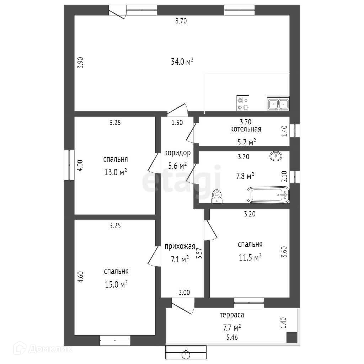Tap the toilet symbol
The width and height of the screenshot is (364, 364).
(217, 196)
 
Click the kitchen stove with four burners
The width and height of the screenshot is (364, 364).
(243, 104)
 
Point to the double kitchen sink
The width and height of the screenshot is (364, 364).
(278, 104)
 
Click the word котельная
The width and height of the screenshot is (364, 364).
(246, 129)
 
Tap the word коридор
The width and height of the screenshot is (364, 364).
(177, 153)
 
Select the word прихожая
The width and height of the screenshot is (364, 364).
(180, 246)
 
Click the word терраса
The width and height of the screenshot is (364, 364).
(232, 315)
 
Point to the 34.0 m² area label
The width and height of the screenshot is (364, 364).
(182, 62)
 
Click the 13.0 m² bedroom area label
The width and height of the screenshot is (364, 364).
(116, 173)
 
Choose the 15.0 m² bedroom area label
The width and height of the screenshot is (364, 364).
(116, 285)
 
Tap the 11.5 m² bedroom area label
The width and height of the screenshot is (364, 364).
(250, 257)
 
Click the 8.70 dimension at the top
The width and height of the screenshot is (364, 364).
(181, 21)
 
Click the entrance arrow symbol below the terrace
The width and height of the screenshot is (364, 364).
(186, 354)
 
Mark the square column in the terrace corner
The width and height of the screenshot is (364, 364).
(291, 337)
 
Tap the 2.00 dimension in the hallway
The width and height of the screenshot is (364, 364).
(184, 293)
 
